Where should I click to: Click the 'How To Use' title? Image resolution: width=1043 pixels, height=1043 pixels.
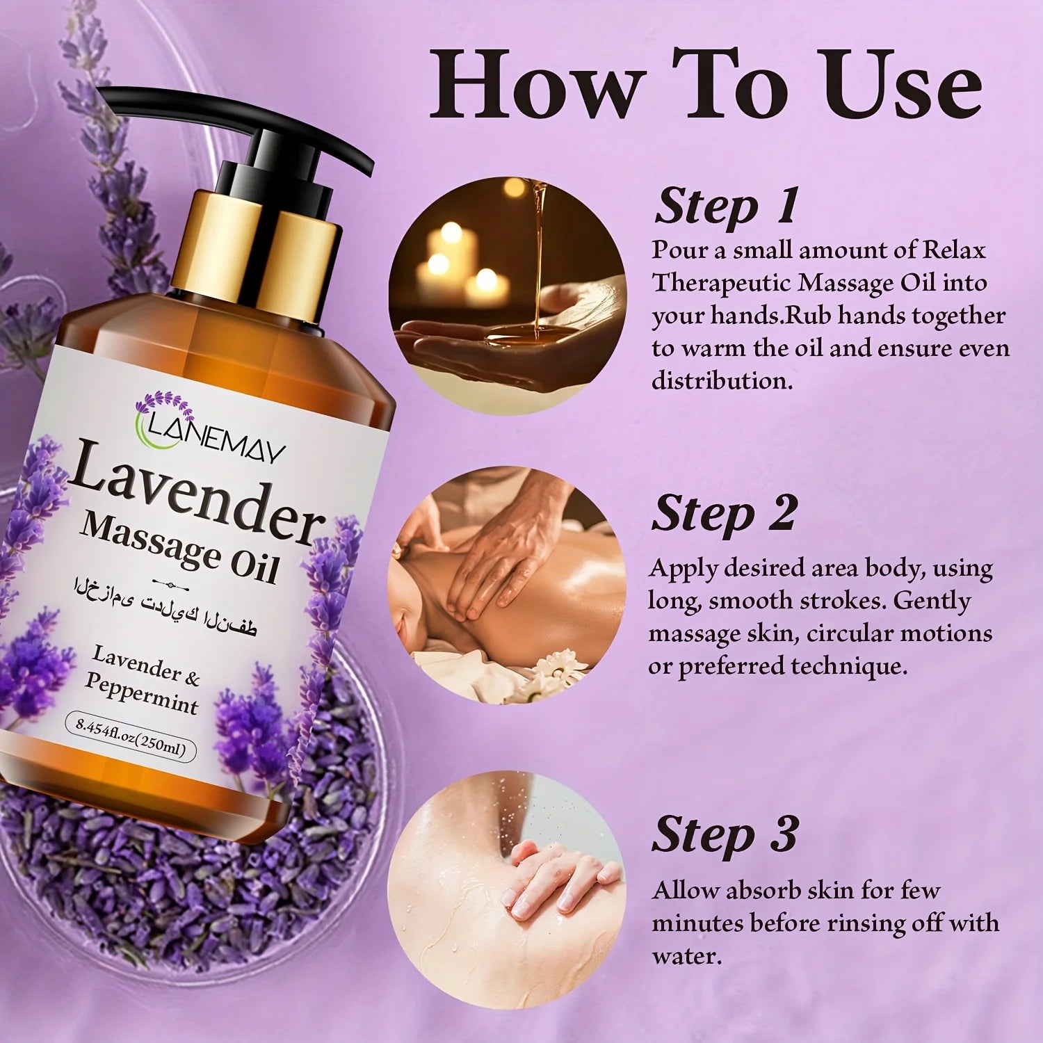[x=706, y=85]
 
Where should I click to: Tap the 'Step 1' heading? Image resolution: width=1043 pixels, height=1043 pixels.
[x=726, y=207]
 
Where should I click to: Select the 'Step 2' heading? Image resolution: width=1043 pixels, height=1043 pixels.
[x=723, y=515]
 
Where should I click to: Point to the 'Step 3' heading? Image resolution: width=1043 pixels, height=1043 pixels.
[x=725, y=834]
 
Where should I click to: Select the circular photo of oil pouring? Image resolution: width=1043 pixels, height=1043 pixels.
[x=507, y=296]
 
